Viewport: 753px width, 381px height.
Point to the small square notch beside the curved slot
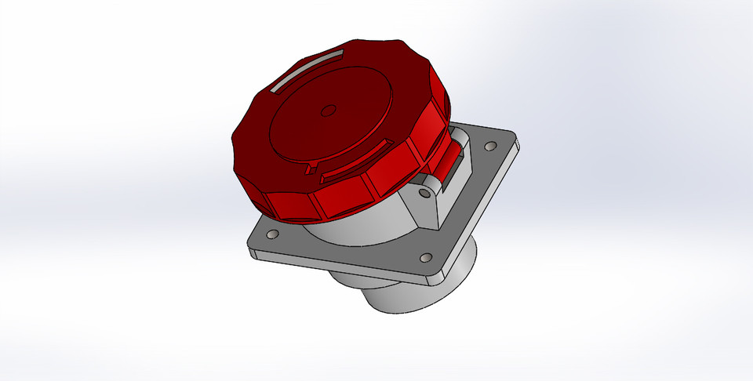311,168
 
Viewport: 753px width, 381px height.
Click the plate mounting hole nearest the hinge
491,146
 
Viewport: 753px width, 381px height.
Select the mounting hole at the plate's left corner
272,234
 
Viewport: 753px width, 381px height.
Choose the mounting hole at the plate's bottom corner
425,257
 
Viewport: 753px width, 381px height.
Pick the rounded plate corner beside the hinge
514,141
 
